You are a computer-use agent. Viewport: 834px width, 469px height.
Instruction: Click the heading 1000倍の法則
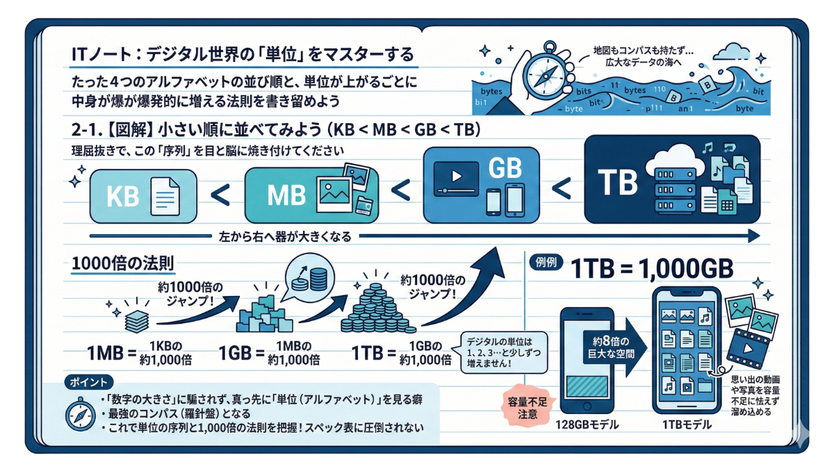(122, 265)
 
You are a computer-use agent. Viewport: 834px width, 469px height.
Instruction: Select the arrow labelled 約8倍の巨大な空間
(615, 344)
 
